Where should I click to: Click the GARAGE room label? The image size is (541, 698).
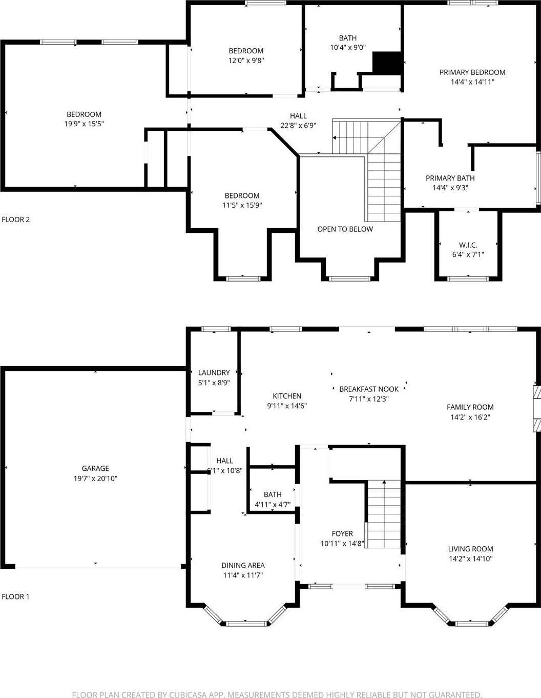[95, 468]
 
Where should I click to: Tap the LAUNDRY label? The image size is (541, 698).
[214, 373]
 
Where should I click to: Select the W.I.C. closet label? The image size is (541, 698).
[468, 245]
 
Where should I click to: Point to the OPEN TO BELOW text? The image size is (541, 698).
[345, 229]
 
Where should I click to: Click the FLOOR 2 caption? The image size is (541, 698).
[16, 220]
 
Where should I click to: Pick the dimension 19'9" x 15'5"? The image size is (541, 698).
[84, 124]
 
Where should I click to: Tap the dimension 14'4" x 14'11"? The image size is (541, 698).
[472, 82]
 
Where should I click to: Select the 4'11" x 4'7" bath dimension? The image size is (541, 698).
[273, 504]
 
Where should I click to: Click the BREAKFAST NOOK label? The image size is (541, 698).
[369, 389]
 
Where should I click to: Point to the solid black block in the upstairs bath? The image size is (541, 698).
[387, 63]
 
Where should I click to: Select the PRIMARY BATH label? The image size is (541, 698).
[450, 178]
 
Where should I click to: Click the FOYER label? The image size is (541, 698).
[342, 533]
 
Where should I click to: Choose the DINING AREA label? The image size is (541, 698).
[243, 565]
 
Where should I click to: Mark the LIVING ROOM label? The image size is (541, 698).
[470, 549]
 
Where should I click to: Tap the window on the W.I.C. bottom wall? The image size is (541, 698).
[468, 278]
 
